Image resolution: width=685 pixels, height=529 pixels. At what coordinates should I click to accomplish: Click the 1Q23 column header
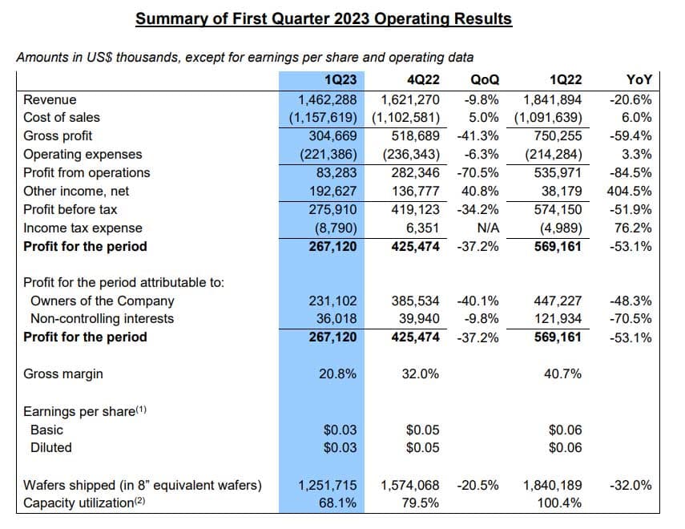(340, 79)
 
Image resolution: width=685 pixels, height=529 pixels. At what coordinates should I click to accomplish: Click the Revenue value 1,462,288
(327, 100)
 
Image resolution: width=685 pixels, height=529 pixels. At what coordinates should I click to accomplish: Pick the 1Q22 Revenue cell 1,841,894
(552, 100)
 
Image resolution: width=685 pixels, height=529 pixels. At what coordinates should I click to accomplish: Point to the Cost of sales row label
(62, 118)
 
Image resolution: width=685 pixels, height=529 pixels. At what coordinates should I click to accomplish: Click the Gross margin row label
(63, 374)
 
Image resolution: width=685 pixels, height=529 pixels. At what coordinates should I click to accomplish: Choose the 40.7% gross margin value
(562, 374)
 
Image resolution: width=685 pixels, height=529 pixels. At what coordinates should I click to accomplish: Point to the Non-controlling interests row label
(102, 319)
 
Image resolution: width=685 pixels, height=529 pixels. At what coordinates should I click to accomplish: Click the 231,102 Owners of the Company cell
(332, 301)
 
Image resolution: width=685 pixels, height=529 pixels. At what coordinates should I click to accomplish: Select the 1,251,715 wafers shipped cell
(327, 485)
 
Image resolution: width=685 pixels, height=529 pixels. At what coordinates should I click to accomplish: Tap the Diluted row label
(50, 447)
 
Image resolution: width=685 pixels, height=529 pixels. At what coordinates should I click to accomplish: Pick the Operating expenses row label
(83, 155)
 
